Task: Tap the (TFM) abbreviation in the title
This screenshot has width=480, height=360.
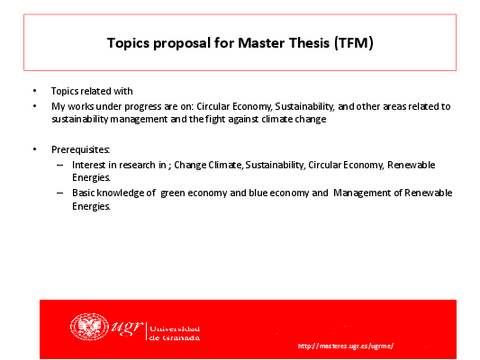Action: [x=354, y=43]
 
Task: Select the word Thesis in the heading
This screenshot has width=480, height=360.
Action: [x=309, y=43]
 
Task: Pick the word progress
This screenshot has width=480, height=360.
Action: [x=143, y=107]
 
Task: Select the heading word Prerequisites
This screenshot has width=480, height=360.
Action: [x=80, y=150]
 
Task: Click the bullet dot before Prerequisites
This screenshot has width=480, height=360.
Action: [x=34, y=149]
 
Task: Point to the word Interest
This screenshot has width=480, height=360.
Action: [x=89, y=166]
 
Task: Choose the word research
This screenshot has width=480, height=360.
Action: [x=137, y=166]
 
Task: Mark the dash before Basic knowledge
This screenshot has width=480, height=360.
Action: [x=60, y=193]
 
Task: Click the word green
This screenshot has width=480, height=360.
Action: [x=173, y=193]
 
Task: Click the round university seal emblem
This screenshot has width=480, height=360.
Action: [x=89, y=327]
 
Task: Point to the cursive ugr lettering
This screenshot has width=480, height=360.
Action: [x=127, y=327]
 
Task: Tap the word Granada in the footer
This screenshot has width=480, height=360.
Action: [x=181, y=338]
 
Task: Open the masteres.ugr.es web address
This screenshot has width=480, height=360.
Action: [x=346, y=346]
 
